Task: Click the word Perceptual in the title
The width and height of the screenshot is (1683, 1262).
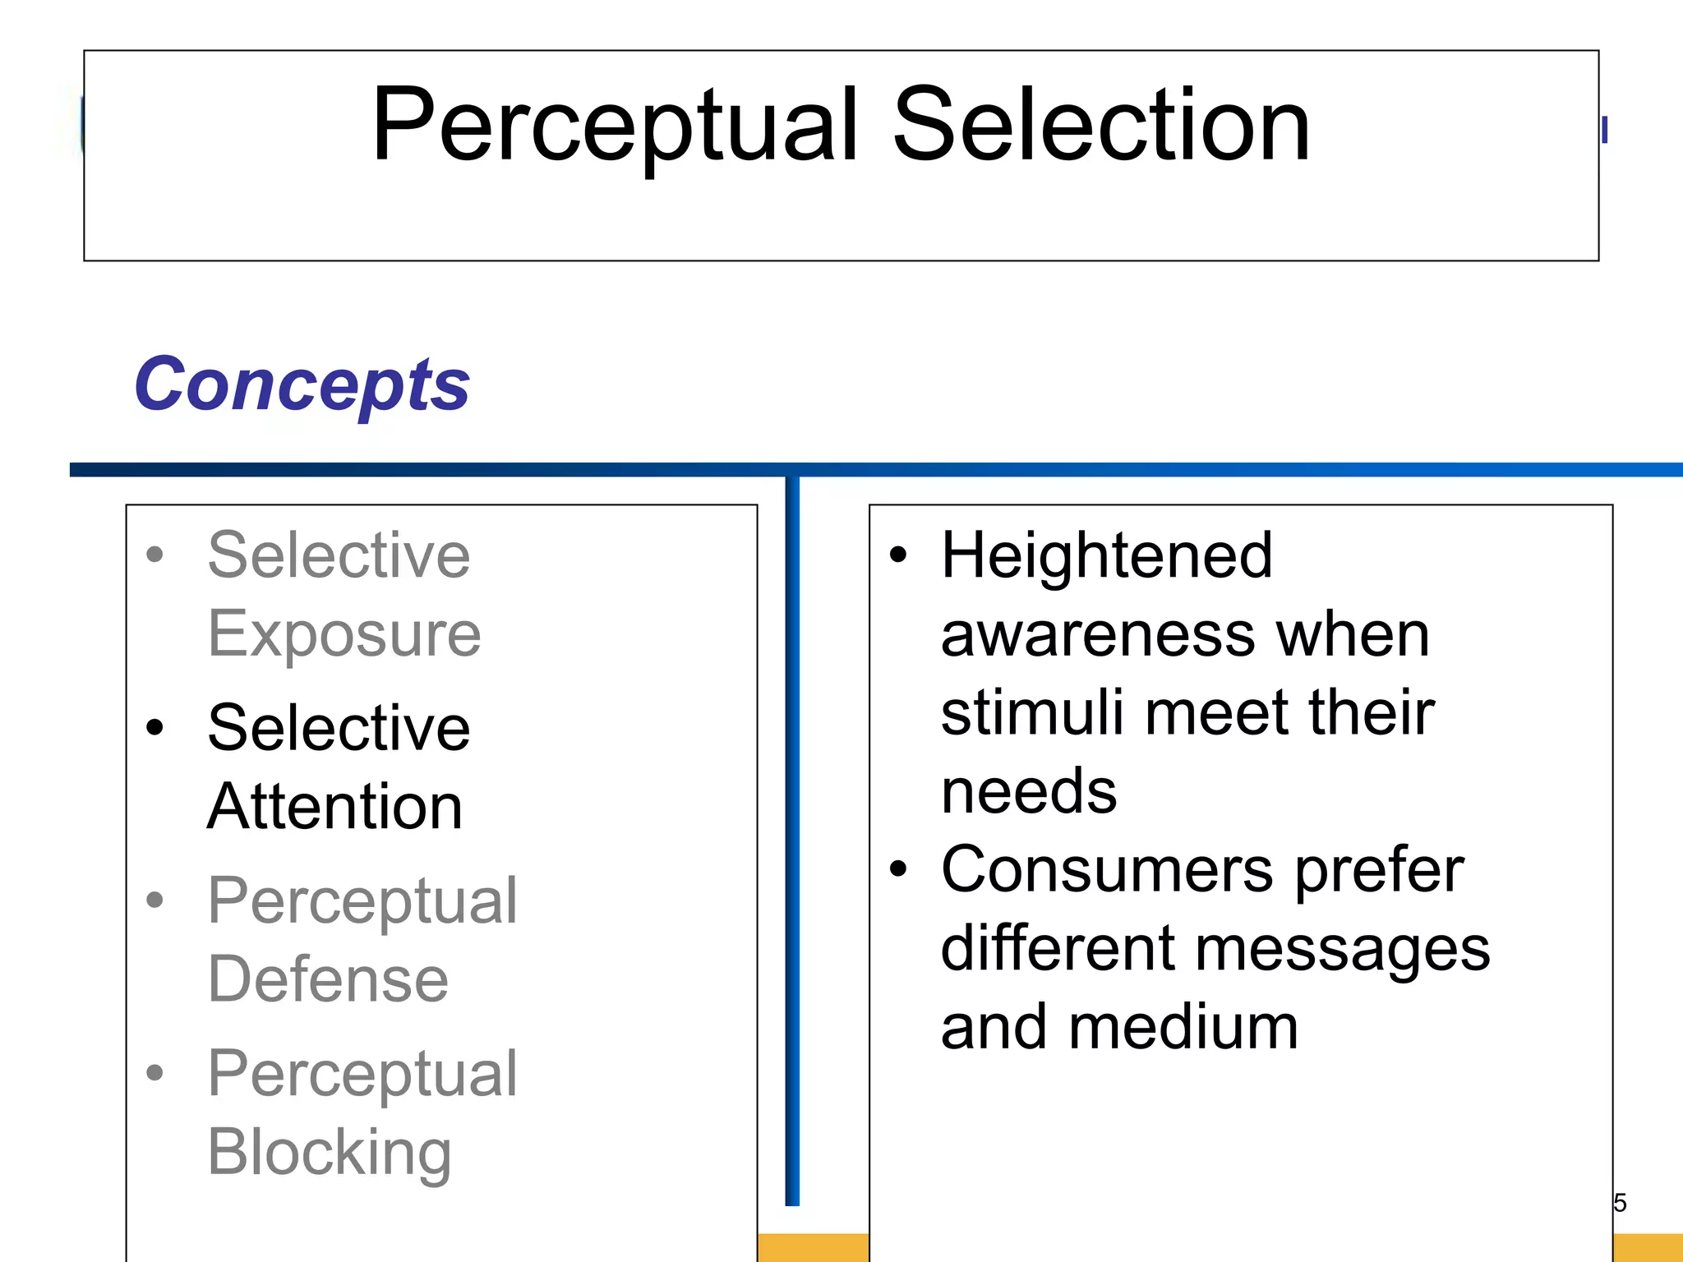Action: coord(615,127)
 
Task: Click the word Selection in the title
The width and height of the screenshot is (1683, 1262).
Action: coord(1100,127)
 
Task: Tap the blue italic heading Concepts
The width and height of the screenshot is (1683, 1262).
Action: coord(302,385)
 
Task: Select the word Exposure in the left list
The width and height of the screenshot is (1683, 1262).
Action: coord(344,634)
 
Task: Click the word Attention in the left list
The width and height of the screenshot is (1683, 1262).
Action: coord(334,807)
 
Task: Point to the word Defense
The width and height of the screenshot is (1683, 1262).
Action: coord(328,979)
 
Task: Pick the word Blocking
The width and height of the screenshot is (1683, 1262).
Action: coord(329,1152)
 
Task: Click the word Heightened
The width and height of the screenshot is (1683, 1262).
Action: coord(1106,556)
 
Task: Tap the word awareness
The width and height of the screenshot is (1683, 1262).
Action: coord(1098,635)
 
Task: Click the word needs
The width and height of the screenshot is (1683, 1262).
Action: coord(1028,791)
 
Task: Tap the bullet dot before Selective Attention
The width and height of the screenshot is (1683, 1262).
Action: coord(154,728)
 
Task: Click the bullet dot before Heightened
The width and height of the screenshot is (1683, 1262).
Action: coord(898,555)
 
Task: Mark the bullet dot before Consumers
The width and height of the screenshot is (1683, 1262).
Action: coord(898,869)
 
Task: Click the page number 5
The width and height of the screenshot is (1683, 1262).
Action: coord(1619,1203)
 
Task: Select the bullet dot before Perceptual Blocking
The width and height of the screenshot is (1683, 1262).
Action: coord(154,1073)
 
